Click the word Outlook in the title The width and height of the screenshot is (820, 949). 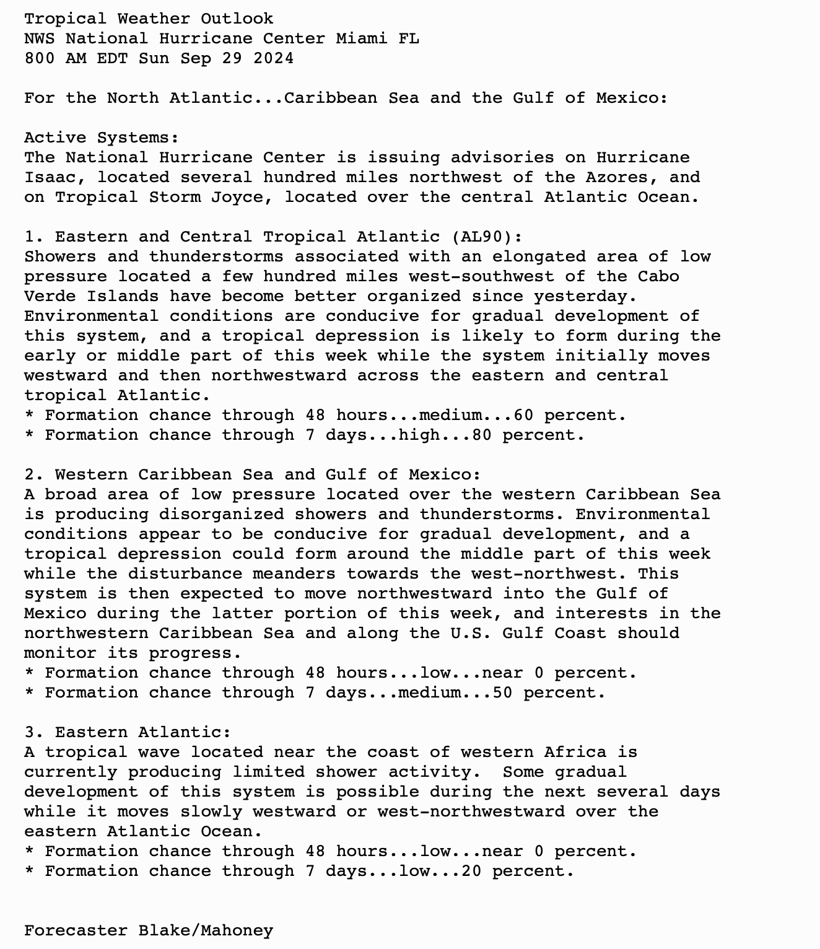[237, 19]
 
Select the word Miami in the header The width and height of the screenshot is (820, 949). [362, 38]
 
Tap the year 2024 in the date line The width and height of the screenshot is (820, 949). [273, 58]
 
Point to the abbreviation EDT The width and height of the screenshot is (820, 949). [112, 58]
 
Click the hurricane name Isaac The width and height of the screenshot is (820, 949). [50, 177]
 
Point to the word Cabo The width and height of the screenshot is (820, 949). [658, 276]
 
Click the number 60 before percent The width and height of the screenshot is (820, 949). [523, 415]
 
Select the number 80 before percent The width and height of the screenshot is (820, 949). [482, 435]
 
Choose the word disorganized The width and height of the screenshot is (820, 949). [221, 514]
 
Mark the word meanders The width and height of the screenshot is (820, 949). [294, 574]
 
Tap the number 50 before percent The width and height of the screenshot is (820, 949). [502, 693]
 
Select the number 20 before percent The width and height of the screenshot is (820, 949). [471, 871]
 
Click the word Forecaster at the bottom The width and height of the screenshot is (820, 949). [76, 930]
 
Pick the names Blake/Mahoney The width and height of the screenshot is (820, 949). [206, 930]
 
